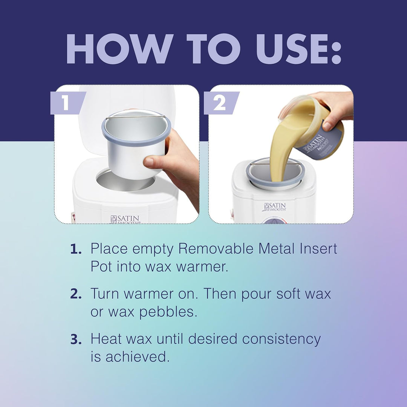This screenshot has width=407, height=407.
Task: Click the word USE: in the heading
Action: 298,49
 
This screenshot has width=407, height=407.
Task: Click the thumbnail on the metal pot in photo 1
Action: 149,162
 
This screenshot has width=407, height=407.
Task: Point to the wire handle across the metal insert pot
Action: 136,117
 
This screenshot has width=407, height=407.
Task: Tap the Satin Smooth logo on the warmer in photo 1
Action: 125,219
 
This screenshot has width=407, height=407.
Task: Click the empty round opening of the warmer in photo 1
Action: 125,181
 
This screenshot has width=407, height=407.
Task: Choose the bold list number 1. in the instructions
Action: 76,249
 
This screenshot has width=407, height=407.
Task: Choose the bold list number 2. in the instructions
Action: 76,294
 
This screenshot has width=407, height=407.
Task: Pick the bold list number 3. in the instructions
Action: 76,339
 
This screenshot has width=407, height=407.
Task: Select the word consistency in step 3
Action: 282,340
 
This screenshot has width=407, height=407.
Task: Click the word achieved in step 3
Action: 138,357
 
